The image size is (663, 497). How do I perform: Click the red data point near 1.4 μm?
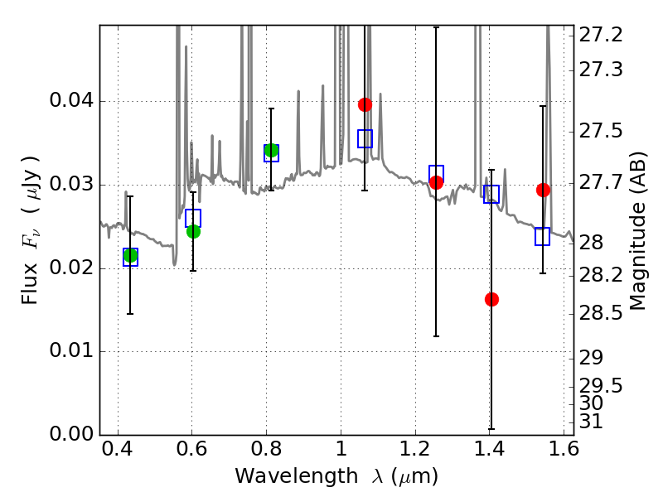coord(491,299)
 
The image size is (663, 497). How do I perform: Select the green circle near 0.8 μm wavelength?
coord(271,150)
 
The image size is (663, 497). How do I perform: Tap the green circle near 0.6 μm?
coord(193,232)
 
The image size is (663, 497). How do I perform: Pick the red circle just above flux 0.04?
coord(365,104)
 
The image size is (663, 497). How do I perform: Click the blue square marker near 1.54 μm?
coord(542,236)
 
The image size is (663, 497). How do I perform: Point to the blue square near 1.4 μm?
coord(491,194)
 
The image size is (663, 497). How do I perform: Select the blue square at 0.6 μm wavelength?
coord(193,218)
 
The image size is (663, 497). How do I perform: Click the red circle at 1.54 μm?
coord(544,191)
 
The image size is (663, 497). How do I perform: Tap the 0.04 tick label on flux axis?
coord(71,101)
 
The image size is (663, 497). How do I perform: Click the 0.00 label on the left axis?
coord(71,434)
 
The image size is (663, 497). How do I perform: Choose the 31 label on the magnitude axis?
coord(591,422)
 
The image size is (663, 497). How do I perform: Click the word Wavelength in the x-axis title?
coord(297,476)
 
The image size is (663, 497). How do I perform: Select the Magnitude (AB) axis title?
coord(637,231)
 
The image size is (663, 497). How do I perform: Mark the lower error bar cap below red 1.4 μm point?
coord(491,429)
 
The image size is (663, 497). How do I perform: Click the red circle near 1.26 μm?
coord(437,182)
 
